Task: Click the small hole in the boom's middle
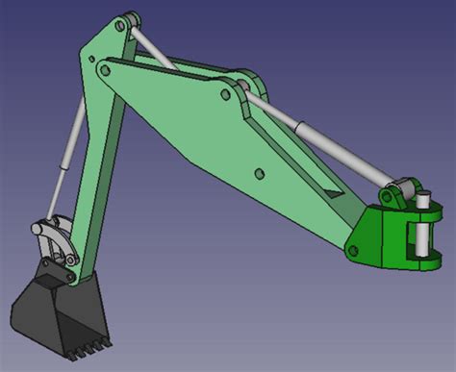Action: pos(259,173)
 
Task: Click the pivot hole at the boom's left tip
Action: pos(103,69)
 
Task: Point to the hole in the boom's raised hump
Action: pos(228,94)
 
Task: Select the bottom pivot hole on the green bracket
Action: pos(352,252)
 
